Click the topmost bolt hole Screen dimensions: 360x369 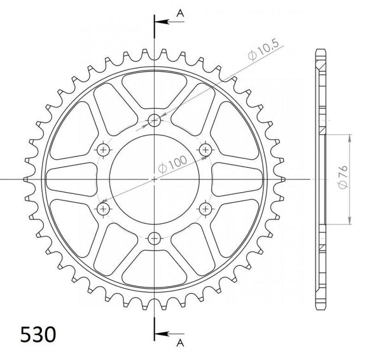(x=154, y=120)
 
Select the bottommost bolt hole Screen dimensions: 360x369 (x=154, y=239)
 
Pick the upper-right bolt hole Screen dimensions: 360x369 (x=205, y=149)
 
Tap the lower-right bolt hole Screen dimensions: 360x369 (x=205, y=209)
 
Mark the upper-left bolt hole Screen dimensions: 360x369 (x=102, y=149)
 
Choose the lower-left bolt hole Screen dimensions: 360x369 (x=102, y=209)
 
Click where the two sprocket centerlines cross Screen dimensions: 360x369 (x=154, y=179)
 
